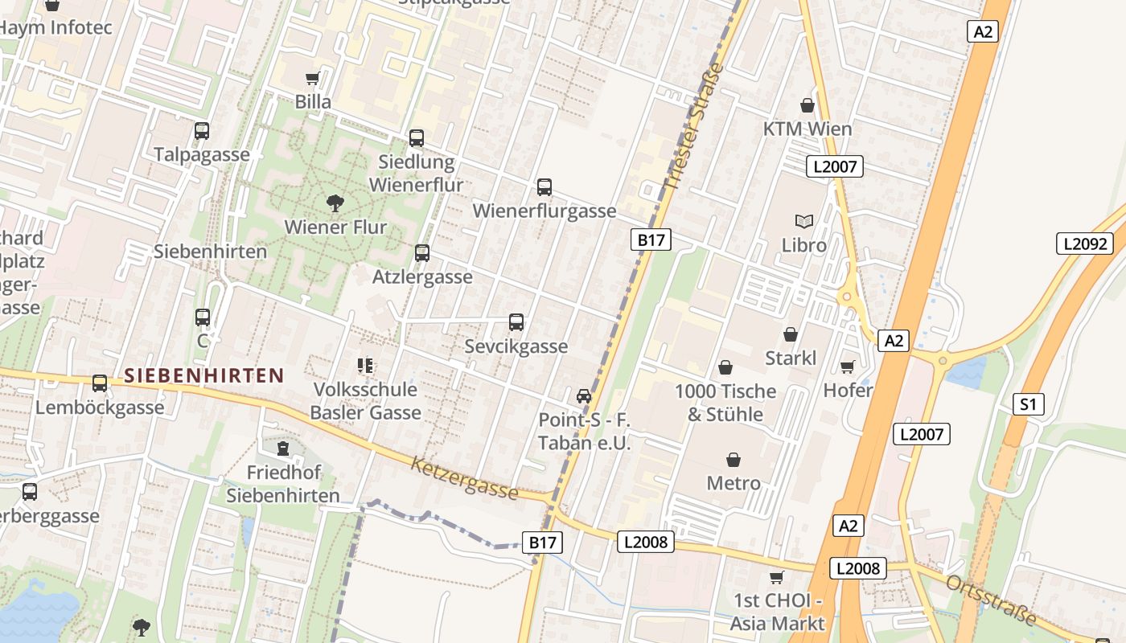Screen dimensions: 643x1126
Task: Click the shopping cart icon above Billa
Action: [x=313, y=78]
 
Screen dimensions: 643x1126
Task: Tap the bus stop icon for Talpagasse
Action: [x=202, y=131]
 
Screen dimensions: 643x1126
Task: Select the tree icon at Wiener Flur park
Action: [x=335, y=203]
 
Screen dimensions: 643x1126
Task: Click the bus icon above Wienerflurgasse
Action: [x=545, y=187]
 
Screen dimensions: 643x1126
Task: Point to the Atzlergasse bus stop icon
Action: [x=422, y=253]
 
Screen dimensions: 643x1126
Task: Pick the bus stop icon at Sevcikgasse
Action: [x=516, y=322]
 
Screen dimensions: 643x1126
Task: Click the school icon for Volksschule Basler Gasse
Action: [x=365, y=366]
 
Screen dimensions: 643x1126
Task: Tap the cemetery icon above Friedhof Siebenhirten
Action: [x=282, y=448]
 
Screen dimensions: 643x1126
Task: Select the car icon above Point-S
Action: [x=584, y=396]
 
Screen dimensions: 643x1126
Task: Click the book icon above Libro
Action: [x=803, y=221]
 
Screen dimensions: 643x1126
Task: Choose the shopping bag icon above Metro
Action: [x=734, y=459]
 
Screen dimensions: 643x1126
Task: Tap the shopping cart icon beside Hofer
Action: [x=847, y=367]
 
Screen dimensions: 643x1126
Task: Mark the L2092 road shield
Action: [x=1086, y=244]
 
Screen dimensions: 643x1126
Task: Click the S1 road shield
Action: [x=1029, y=404]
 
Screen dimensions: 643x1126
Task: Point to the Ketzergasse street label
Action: [x=465, y=477]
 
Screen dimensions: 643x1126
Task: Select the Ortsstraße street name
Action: [x=991, y=600]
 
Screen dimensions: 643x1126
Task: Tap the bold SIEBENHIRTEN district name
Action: [x=204, y=375]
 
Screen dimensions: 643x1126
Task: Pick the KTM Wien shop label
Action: [x=807, y=129]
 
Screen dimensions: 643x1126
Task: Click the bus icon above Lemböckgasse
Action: [x=100, y=383]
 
